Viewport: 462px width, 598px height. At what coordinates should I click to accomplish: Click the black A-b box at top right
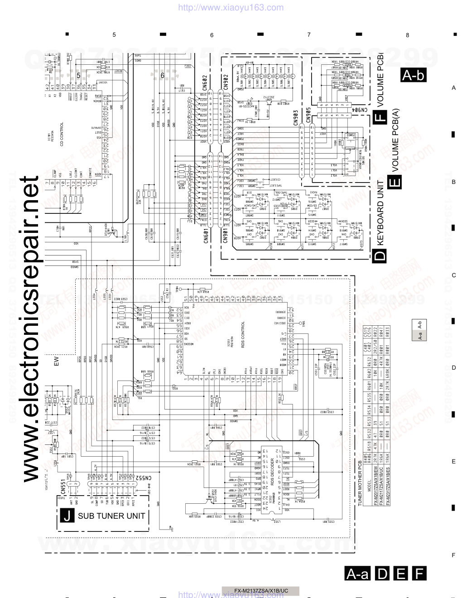pos(414,76)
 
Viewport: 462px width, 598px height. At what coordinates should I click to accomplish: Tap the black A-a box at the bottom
pos(357,574)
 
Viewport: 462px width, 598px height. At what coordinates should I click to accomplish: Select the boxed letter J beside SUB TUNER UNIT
pos(66,516)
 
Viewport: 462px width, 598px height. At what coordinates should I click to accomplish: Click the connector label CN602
pos(205,83)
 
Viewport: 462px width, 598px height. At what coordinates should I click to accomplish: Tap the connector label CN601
pos(205,236)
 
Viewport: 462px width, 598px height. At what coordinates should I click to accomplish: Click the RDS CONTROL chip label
pos(243,336)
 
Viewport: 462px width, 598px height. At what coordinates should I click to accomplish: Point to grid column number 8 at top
pos(407,35)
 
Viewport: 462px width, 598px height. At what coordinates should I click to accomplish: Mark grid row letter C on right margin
pos(453,275)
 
